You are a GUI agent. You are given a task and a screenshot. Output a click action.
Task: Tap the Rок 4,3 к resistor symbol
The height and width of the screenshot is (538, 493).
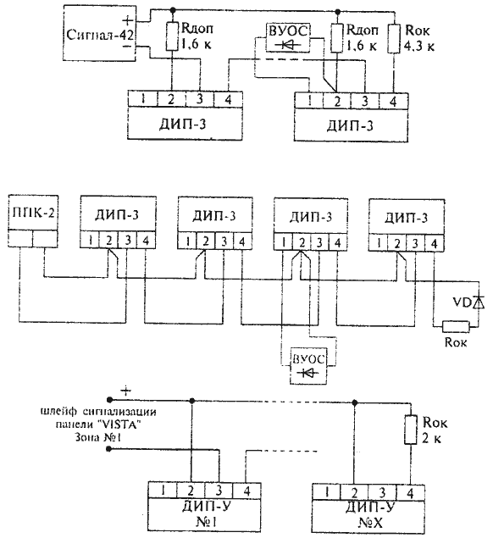coord(394,38)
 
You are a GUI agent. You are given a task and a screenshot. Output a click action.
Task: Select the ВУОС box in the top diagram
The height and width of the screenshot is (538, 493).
coord(288,38)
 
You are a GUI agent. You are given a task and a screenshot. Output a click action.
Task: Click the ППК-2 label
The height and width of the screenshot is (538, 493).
coord(33,213)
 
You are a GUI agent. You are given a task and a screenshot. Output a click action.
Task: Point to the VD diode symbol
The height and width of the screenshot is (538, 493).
coord(479,302)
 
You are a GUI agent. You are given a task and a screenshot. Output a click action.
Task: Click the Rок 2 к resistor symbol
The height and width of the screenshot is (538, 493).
coord(410,430)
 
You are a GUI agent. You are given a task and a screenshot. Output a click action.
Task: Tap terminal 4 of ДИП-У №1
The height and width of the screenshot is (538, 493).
coord(246,491)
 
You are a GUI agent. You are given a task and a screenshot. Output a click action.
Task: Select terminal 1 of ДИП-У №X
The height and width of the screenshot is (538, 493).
coord(326,493)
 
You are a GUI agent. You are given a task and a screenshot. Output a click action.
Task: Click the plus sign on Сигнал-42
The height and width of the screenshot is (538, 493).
coord(127,20)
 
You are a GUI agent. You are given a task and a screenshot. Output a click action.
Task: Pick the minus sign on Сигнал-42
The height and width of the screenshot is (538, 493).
coord(127,46)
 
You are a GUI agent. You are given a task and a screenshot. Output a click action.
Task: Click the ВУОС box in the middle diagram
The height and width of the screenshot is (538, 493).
coord(308,366)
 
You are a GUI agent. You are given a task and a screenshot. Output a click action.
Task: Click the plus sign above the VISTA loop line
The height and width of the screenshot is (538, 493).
coord(126,391)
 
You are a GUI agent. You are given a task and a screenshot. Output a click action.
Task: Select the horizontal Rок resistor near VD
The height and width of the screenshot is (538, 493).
coord(456,327)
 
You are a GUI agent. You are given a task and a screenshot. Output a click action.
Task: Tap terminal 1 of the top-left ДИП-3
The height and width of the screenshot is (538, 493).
coord(143,99)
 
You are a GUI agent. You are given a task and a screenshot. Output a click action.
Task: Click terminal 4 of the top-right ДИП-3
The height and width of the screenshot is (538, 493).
coord(393,101)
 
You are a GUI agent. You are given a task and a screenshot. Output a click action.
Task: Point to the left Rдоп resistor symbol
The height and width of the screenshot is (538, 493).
coord(173,36)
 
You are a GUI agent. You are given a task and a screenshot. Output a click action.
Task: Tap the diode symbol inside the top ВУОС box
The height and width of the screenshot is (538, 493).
coord(287,45)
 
